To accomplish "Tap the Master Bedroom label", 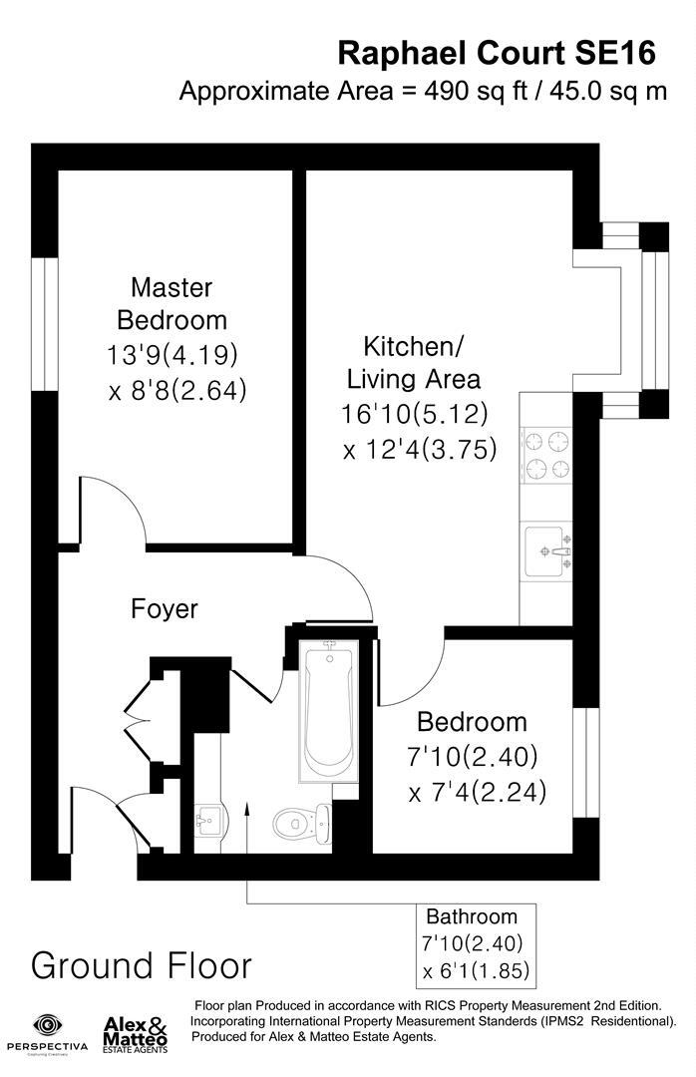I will [x=172, y=304].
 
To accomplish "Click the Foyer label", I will [x=165, y=608].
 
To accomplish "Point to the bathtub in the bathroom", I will [x=328, y=709].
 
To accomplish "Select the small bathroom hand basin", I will [x=210, y=823].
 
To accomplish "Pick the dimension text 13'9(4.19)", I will [x=172, y=354].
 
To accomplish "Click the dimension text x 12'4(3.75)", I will [x=420, y=450].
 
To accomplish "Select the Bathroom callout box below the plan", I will [x=476, y=943].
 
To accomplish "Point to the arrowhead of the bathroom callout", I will [x=247, y=831].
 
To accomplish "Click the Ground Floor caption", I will [x=142, y=965].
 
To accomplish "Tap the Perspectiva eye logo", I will [x=47, y=1025].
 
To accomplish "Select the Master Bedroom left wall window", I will [x=44, y=324].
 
